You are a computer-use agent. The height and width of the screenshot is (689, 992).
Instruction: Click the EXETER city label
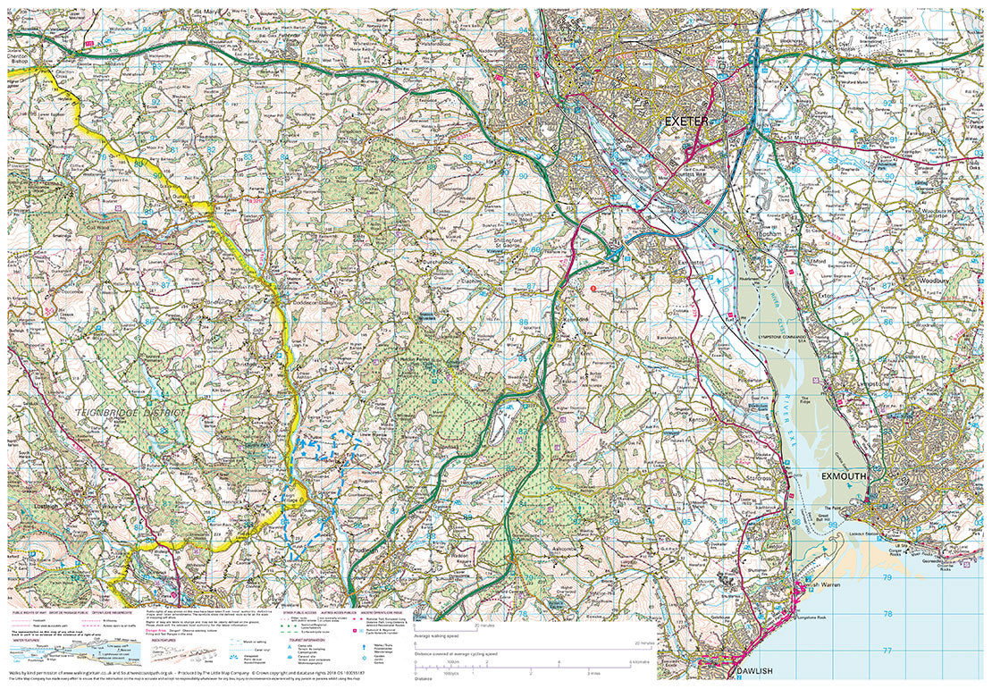coord(686,121)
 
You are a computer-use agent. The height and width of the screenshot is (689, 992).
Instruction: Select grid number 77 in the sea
coord(887,651)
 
